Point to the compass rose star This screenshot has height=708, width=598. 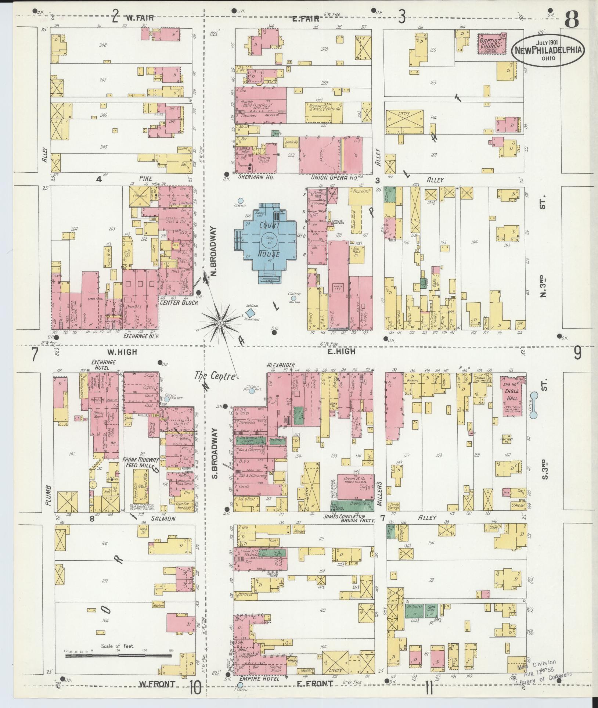click(220, 322)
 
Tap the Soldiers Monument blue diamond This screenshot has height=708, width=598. click(251, 313)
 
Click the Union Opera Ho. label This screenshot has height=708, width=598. click(334, 177)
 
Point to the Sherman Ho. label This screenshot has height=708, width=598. click(252, 177)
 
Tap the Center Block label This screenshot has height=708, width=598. click(179, 303)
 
